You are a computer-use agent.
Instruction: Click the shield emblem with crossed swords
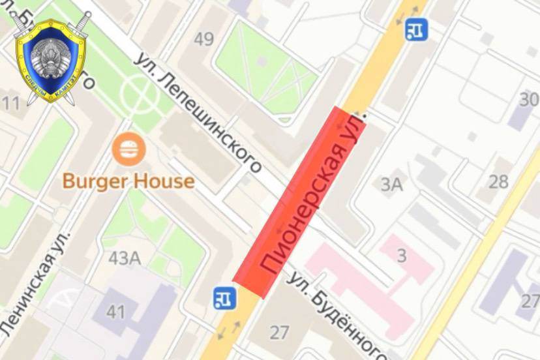pos(50,59)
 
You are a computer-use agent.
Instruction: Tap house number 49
pos(203,40)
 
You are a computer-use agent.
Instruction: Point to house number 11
pos(10,102)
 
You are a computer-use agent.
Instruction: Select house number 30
pos(529,100)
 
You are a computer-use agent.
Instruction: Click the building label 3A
pos(392,185)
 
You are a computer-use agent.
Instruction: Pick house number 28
pos(498,181)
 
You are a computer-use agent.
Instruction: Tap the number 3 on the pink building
pos(402,255)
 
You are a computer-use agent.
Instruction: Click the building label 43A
pos(125,258)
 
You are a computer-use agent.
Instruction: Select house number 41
pos(115,312)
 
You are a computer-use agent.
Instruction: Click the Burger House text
pos(128,181)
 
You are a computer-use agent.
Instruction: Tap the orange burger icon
pos(129,149)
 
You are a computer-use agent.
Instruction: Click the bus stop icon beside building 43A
pos(224,297)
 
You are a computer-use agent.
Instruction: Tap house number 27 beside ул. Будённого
pos(279,333)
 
